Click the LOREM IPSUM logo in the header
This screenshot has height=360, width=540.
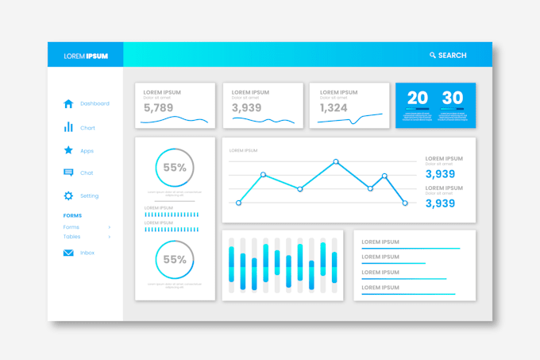[x=86, y=56]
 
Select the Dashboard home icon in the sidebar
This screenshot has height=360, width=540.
[x=68, y=103]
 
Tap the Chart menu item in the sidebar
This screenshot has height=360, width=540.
[x=87, y=127]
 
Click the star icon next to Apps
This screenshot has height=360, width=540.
[x=68, y=150]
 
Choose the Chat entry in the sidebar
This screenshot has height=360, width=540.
[x=87, y=172]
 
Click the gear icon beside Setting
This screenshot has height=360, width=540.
[x=68, y=195]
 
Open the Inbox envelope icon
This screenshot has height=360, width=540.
[x=68, y=253]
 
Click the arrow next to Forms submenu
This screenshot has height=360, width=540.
[x=110, y=227]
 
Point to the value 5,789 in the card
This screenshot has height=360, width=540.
[x=158, y=108]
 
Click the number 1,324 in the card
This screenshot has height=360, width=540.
[x=334, y=108]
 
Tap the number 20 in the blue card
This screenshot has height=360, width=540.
[x=418, y=98]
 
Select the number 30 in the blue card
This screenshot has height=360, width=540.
[x=453, y=98]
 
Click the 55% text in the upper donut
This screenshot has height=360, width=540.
[x=175, y=168]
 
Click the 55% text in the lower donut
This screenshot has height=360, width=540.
[x=175, y=259]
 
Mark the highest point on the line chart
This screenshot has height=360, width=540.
[x=336, y=162]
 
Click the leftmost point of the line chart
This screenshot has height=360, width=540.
[x=238, y=203]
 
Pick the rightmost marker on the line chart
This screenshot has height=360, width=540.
[x=404, y=203]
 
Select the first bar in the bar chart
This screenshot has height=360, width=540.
[x=231, y=265]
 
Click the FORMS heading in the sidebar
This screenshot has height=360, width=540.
[x=72, y=215]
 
